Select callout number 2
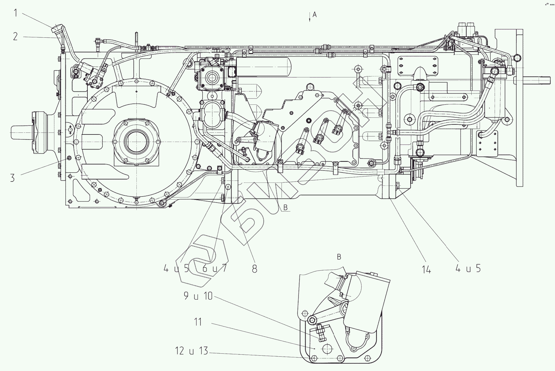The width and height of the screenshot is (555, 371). (x=15, y=36)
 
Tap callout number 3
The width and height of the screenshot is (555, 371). (x=12, y=178)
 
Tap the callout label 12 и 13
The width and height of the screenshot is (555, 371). (x=191, y=351)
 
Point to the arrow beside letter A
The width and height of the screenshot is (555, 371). (x=310, y=17)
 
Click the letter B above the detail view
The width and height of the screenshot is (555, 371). (x=339, y=257)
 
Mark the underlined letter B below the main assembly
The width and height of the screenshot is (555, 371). (x=286, y=208)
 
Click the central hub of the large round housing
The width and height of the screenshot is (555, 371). (x=136, y=142)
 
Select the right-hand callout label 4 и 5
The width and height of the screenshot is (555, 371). (x=468, y=268)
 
